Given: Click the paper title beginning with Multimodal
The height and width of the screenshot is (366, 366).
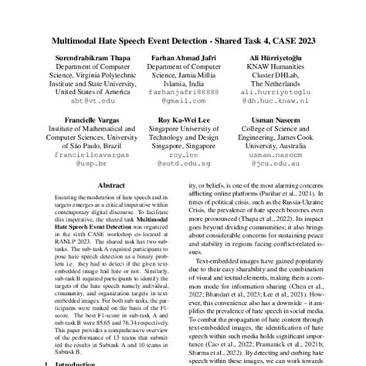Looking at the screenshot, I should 183,39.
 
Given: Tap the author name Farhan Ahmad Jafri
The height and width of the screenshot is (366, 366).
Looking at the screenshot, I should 183,58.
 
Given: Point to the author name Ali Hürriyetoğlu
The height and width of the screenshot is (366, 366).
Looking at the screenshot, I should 274,58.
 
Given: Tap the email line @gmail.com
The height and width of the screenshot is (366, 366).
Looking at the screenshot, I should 183,100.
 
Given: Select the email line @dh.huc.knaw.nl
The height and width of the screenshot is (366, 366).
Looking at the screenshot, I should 274,100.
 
